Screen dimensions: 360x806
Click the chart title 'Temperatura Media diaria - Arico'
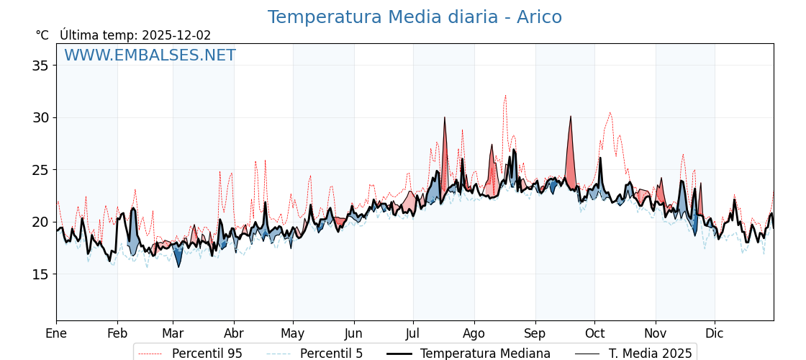pos(415,17)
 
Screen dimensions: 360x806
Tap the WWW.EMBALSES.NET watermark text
pos(150,55)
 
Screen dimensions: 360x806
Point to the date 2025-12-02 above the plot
pos(176,35)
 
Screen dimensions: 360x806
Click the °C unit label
pos(42,35)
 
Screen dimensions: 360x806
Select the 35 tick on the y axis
pos(41,66)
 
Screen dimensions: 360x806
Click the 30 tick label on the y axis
pos(41,117)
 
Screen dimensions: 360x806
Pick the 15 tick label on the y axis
pos(41,274)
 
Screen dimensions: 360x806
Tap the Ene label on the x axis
pos(56,333)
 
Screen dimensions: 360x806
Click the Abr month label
pos(234,333)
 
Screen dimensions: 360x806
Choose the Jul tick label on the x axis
pos(413,333)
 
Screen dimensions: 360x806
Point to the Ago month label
pos(474,333)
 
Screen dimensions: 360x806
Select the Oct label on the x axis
pos(594,333)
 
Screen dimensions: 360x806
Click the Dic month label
pos(715,333)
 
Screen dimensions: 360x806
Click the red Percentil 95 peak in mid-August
pos(505,95)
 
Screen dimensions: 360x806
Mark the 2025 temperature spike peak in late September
pos(571,116)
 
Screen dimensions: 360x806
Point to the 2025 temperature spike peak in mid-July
pos(445,117)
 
